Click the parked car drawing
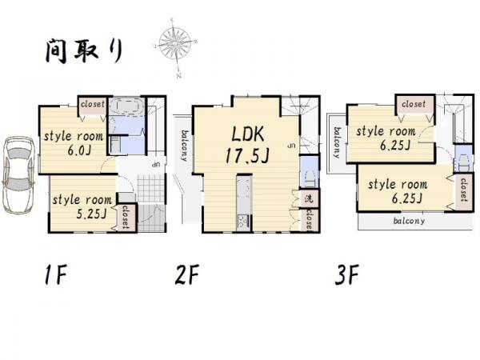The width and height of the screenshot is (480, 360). point(18,174)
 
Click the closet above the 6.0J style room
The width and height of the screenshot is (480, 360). point(93,103)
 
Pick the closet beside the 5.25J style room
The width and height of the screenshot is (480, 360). point(126,217)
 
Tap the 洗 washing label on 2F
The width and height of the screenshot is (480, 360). point(307,196)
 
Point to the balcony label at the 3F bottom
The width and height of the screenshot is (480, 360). point(409,221)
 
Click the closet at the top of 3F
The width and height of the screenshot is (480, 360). point(414,104)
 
